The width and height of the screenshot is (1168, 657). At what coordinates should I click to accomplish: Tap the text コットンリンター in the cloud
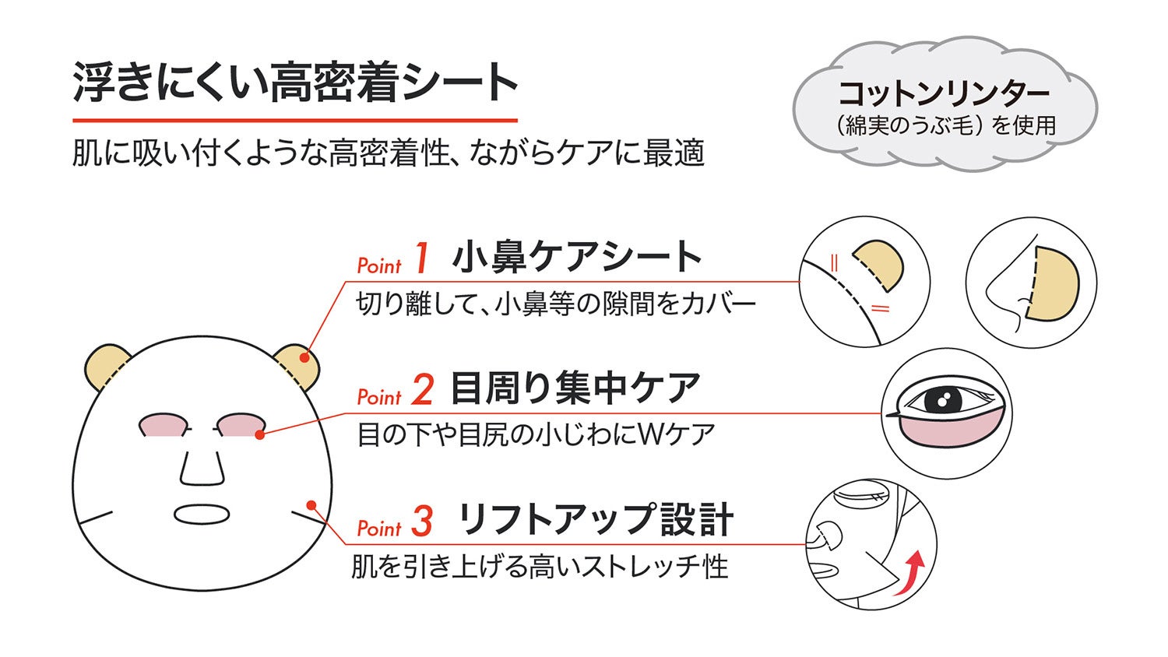click(944, 94)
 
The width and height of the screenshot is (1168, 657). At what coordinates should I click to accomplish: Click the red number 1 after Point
click(421, 258)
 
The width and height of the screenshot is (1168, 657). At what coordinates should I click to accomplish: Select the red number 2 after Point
click(422, 390)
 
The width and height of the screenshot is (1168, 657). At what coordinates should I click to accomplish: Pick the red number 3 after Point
click(421, 522)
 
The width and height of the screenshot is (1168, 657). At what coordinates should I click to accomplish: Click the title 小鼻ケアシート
click(576, 257)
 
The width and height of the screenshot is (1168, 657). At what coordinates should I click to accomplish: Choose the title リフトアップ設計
click(596, 520)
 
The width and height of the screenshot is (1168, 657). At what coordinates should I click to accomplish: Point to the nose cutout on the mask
click(202, 465)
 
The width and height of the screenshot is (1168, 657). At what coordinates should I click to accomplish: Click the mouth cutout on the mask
click(202, 515)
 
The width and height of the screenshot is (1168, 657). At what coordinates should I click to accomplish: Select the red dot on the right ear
click(304, 358)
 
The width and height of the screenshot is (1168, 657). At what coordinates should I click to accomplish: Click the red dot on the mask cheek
click(311, 505)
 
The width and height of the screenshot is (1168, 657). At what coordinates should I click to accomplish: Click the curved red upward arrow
click(909, 574)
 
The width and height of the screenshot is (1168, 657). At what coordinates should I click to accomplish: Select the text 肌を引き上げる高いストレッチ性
click(540, 567)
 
